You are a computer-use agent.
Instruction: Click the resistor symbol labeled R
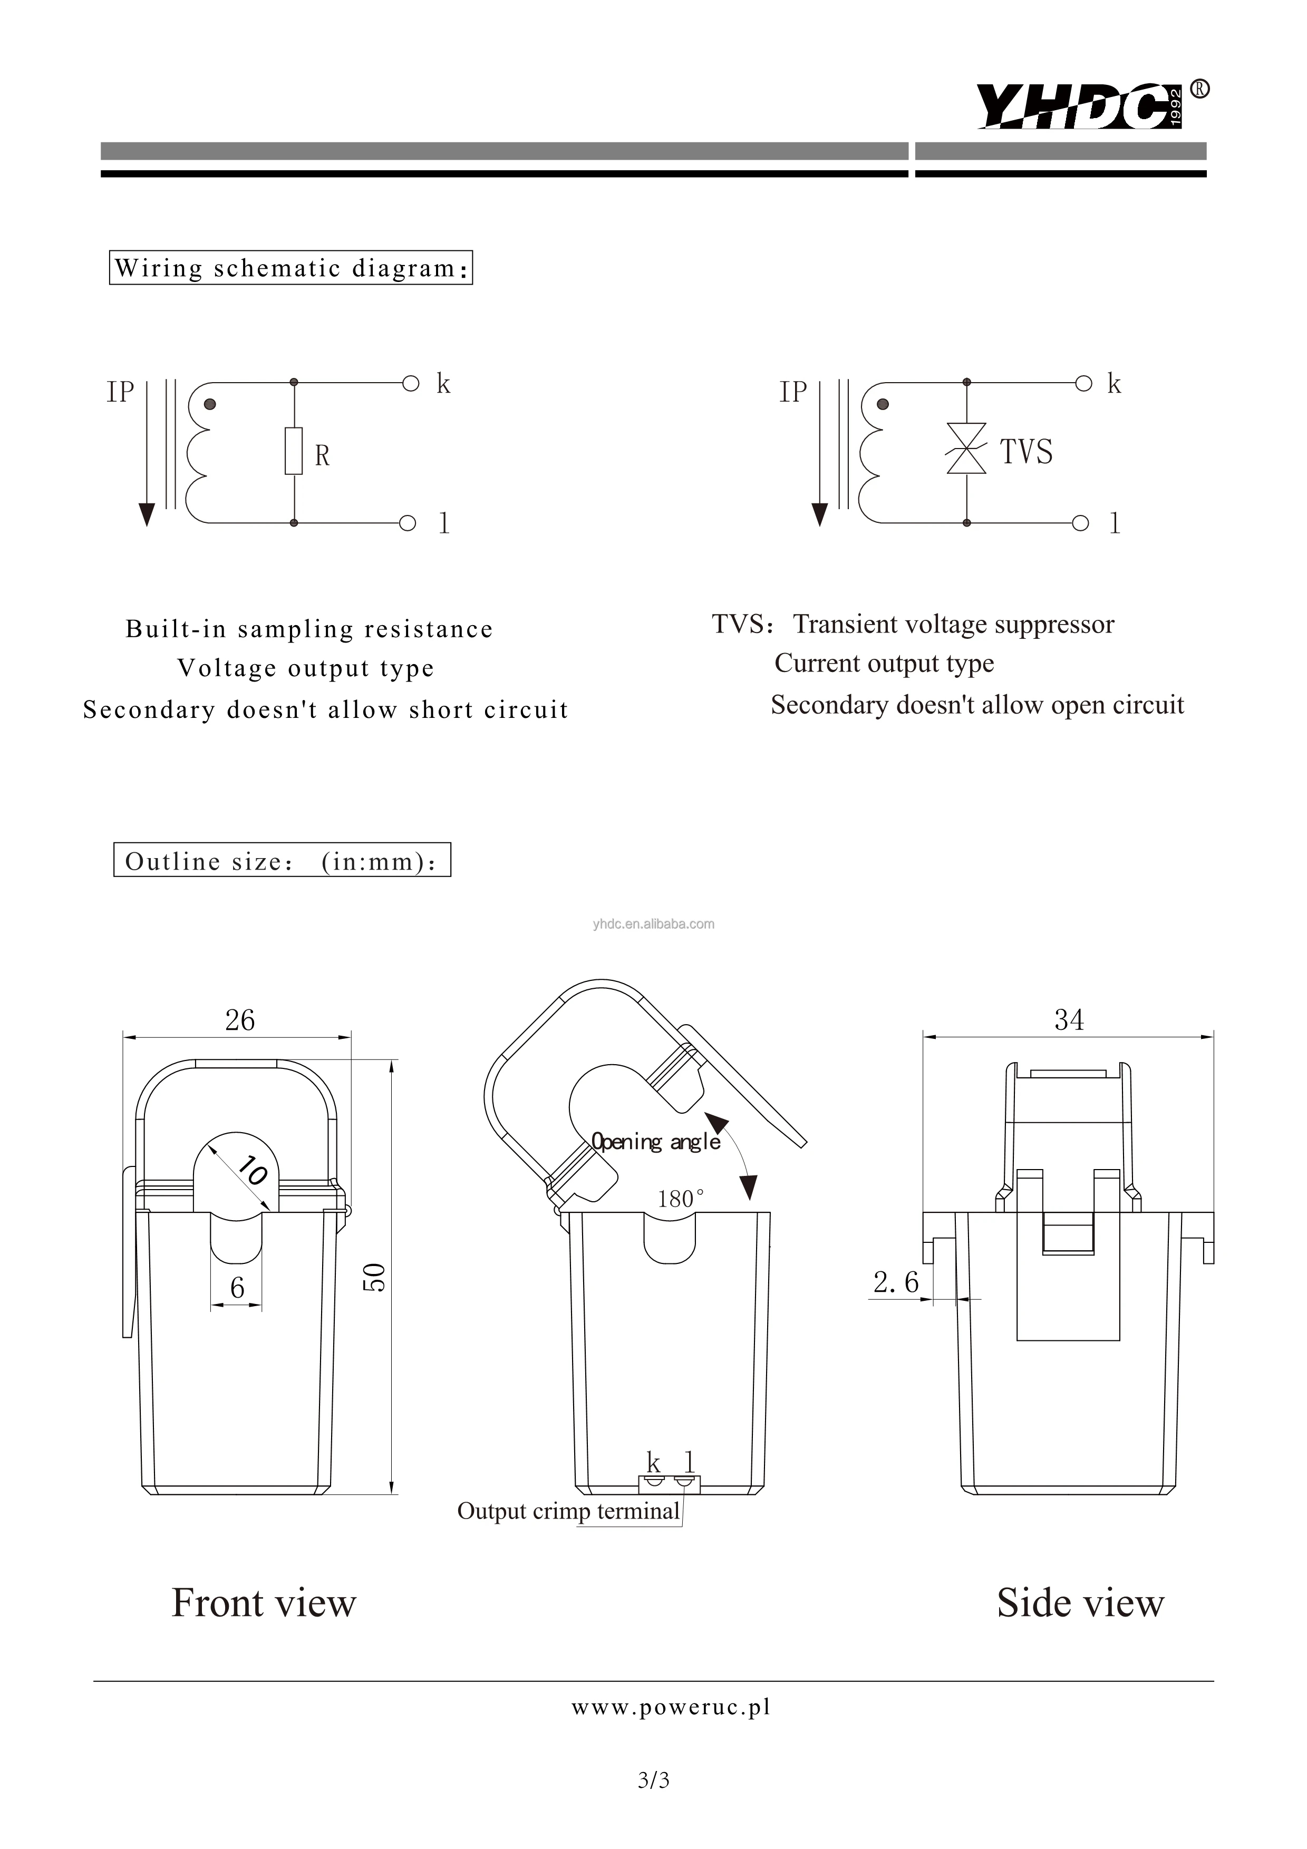294,451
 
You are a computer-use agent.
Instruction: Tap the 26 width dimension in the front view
239,1020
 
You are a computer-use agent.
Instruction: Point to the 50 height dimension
374,1277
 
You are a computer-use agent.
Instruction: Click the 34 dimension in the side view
1069,1020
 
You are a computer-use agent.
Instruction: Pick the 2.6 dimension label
895,1282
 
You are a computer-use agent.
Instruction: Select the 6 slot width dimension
237,1288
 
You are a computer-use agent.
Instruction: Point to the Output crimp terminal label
568,1511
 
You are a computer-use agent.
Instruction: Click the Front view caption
263,1602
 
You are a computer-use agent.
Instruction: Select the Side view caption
1080,1602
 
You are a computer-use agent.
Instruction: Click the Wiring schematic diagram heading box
291,268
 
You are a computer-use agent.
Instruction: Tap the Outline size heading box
282,861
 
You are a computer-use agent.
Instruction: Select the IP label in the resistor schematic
121,392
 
